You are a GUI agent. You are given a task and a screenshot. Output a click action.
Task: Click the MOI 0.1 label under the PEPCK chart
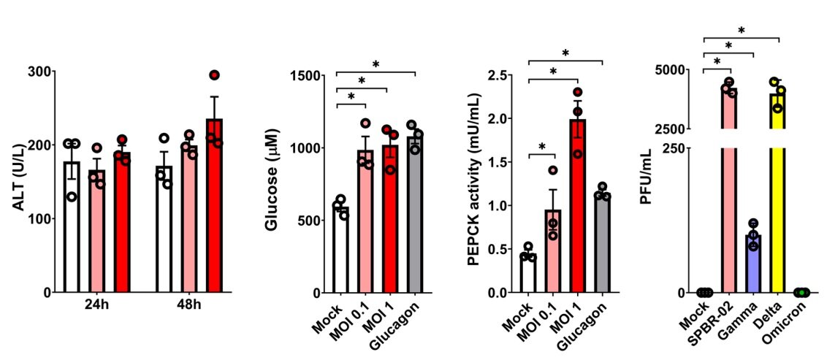[541, 321]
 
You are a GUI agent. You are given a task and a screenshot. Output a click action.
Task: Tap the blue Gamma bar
[753, 263]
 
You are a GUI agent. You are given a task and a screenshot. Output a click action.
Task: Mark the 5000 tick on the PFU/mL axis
[679, 70]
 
